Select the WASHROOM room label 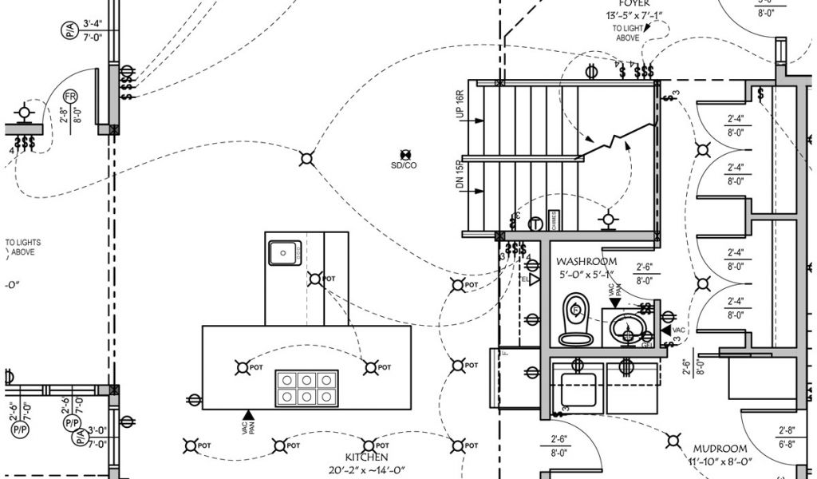(586, 261)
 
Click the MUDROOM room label (719, 449)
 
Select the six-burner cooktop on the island (306, 388)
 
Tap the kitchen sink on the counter (283, 252)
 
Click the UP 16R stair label (460, 105)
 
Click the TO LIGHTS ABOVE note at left (23, 247)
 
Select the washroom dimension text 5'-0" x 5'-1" (588, 275)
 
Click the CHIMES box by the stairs (554, 220)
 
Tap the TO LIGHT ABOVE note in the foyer (627, 33)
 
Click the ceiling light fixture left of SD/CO (306, 159)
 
